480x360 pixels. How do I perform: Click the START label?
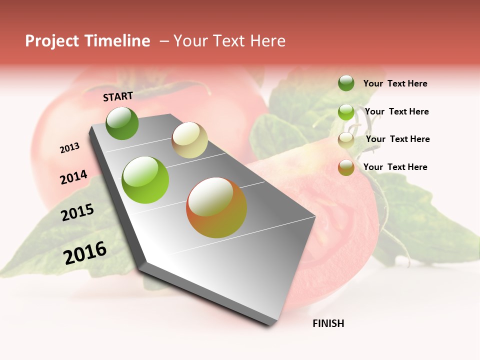pyautogui.click(x=118, y=96)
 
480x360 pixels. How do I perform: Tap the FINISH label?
pyautogui.click(x=328, y=323)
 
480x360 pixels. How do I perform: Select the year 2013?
pyautogui.click(x=70, y=148)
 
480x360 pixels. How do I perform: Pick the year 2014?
pyautogui.click(x=73, y=177)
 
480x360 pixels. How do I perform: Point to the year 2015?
pyautogui.click(x=77, y=212)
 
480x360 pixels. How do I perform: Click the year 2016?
pyautogui.click(x=85, y=252)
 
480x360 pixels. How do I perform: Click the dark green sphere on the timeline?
pyautogui.click(x=122, y=123)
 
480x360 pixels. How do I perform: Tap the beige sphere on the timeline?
pyautogui.click(x=189, y=140)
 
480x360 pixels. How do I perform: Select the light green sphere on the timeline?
pyautogui.click(x=145, y=180)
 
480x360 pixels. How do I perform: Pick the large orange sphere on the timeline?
pyautogui.click(x=216, y=207)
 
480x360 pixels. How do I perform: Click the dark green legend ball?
pyautogui.click(x=346, y=83)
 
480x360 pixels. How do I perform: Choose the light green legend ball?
pyautogui.click(x=346, y=112)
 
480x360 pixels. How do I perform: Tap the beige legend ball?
pyautogui.click(x=346, y=140)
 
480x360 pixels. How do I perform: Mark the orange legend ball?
pyautogui.click(x=346, y=167)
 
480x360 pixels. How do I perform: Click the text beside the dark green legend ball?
pyautogui.click(x=395, y=83)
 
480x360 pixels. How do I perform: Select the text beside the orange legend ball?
pyautogui.click(x=395, y=167)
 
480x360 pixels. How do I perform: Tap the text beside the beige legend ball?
pyautogui.click(x=397, y=139)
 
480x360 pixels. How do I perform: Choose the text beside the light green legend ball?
pyautogui.click(x=396, y=111)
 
